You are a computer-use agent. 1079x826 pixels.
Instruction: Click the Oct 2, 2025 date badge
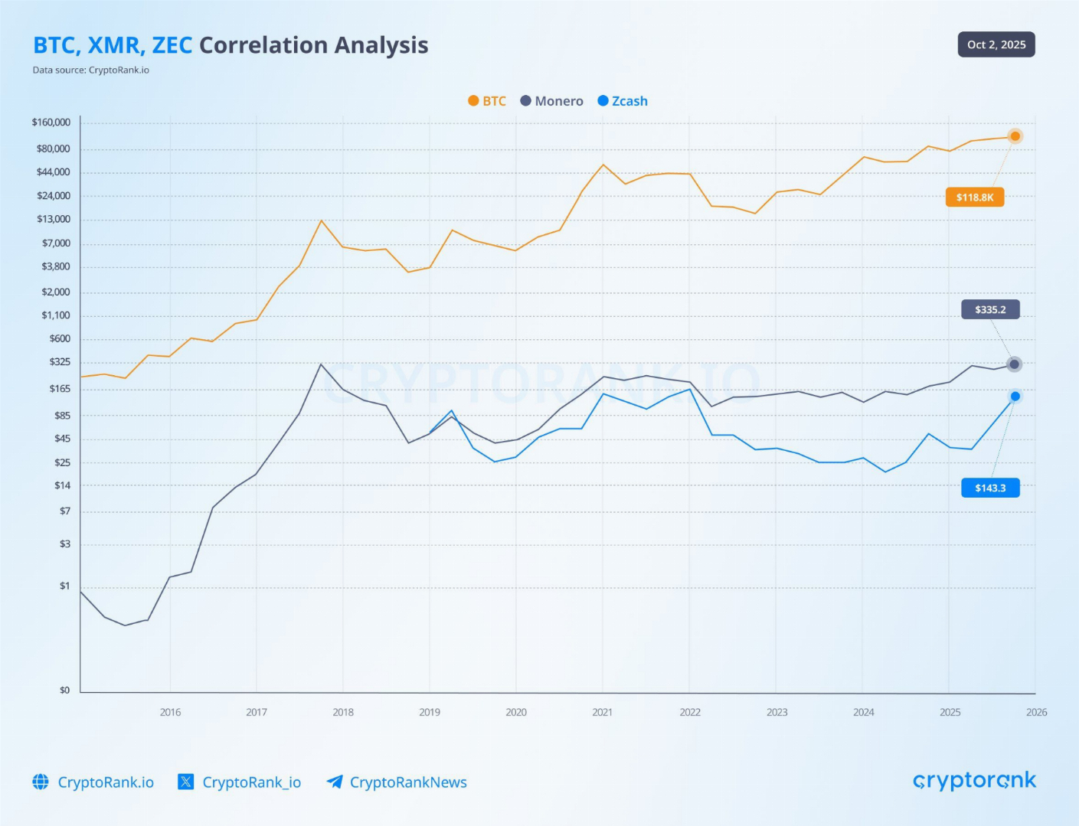click(996, 44)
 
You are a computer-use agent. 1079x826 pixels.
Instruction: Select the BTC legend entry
click(487, 101)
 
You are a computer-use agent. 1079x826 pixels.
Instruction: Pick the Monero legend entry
click(551, 101)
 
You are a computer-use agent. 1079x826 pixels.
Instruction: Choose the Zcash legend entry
click(623, 101)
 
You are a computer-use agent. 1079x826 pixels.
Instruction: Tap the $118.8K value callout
click(974, 198)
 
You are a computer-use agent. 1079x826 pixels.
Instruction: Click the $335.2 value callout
click(990, 309)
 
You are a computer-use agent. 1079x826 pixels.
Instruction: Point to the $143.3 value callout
click(990, 488)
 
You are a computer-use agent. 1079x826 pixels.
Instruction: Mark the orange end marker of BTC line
click(1015, 136)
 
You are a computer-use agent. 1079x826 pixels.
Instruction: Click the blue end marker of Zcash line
click(1015, 397)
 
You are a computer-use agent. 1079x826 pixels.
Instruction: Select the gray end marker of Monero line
click(1014, 364)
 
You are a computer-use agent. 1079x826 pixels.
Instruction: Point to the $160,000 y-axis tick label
click(51, 122)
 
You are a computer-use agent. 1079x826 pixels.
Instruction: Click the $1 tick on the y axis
click(65, 586)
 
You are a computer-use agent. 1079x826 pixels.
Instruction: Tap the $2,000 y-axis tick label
click(56, 292)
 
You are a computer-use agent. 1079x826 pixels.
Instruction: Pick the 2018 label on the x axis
click(343, 712)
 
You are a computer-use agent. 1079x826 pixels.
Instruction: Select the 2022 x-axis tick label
click(689, 712)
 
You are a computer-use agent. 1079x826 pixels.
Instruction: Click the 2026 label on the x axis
click(1036, 712)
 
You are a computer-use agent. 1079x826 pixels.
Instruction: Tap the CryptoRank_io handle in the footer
click(250, 782)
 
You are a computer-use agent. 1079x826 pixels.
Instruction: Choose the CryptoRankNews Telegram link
click(407, 782)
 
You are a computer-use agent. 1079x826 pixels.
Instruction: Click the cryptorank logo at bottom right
click(974, 781)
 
